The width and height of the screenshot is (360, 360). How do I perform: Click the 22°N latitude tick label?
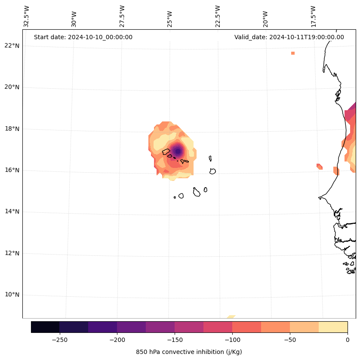point(12,46)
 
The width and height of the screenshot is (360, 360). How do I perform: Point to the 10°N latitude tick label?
point(12,295)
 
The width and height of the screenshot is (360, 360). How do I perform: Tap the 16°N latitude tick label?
point(12,170)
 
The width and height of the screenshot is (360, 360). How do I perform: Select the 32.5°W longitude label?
point(27,16)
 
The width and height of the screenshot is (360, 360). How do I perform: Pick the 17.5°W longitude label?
point(314,16)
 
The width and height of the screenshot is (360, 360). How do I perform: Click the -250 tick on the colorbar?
point(59,340)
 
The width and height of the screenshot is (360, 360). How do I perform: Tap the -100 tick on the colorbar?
point(232,340)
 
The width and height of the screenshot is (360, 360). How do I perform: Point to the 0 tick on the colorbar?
point(347,340)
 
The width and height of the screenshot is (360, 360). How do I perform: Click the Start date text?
point(83,37)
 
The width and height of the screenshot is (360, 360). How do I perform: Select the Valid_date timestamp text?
point(289,37)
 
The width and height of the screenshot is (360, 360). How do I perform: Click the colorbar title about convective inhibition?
point(189,352)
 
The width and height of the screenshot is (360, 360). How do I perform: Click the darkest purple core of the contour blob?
point(178,151)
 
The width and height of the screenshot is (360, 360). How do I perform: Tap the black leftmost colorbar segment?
point(45,327)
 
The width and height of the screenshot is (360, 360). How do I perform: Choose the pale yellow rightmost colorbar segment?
point(333,327)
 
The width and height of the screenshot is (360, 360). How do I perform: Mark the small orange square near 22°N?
point(293,53)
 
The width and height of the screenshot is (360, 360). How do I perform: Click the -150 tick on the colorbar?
point(175,340)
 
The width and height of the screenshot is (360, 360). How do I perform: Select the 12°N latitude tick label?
point(12,253)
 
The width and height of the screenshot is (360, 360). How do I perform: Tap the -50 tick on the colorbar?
point(290,340)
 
